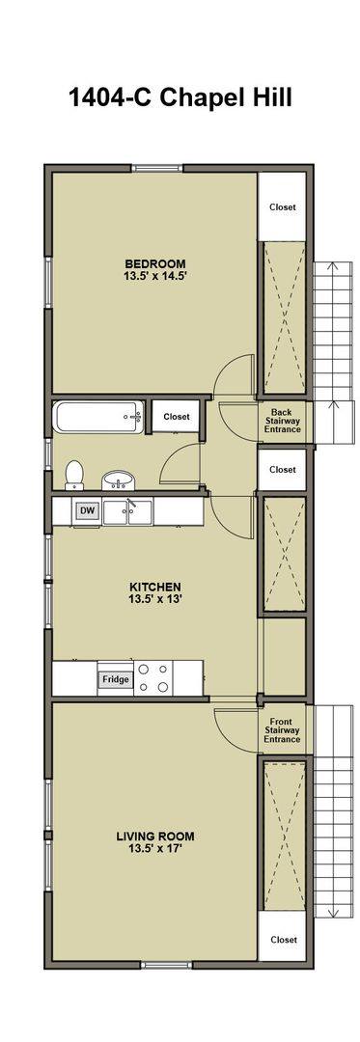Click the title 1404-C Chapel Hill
[x=180, y=98]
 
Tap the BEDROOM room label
[x=155, y=263]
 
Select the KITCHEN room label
[x=155, y=587]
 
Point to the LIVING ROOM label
[x=155, y=836]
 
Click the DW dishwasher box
[x=86, y=510]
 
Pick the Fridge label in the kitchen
[x=115, y=680]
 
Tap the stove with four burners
[x=153, y=678]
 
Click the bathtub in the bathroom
[x=98, y=418]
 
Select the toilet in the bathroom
[x=73, y=475]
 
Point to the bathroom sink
[x=119, y=480]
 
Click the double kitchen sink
[x=127, y=511]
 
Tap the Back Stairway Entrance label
[x=282, y=421]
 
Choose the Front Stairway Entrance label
[x=282, y=730]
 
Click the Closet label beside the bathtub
[x=176, y=418]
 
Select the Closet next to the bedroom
[x=282, y=207]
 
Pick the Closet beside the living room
[x=284, y=940]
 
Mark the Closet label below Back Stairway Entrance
[x=282, y=469]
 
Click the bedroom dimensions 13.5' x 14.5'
[x=155, y=276]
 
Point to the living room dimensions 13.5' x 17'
[x=155, y=848]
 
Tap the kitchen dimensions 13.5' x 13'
[x=155, y=599]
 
